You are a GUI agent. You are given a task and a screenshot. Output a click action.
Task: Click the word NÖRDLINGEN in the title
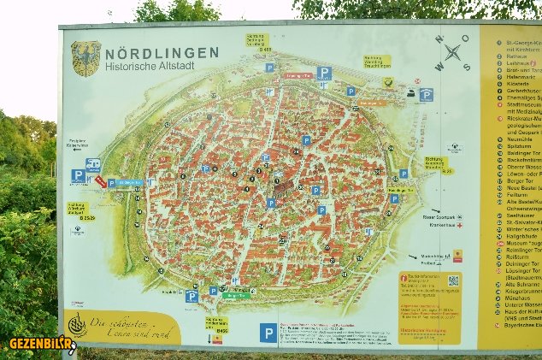tap(162, 52)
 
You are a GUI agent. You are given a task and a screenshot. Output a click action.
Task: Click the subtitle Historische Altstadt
tap(150, 66)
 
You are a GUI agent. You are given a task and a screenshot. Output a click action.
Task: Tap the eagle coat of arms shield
tap(85, 58)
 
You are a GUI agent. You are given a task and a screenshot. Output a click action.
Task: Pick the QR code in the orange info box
tap(453, 280)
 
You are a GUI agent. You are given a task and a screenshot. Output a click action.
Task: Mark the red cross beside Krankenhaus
tap(459, 224)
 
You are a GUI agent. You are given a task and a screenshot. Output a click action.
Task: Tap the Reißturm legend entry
tap(518, 255)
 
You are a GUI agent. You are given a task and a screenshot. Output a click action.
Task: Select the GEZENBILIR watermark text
tap(38, 344)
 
